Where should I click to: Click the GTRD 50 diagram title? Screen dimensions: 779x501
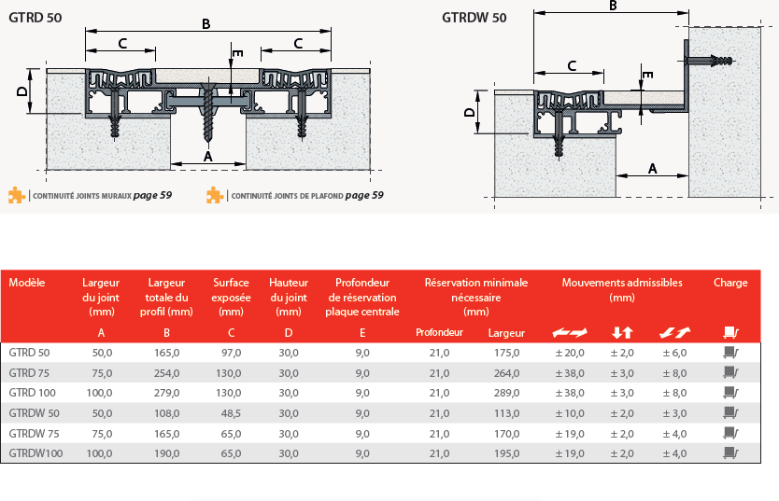point(35,18)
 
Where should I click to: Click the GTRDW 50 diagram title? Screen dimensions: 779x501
point(474,18)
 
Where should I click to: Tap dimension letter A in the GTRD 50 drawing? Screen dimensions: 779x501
point(208,157)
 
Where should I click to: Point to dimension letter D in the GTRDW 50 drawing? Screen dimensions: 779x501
point(469,112)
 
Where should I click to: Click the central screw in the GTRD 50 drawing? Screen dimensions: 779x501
point(207,112)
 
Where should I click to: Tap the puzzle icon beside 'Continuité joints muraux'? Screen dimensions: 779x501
point(17,195)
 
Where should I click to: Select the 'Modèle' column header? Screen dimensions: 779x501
point(27,283)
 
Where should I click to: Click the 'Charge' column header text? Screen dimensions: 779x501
point(730,283)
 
